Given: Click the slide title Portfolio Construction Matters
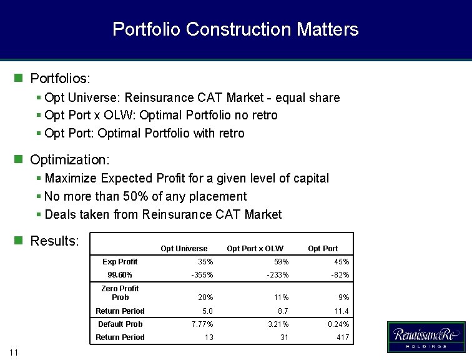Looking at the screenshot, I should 235,29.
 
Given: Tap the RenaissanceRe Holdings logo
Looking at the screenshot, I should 426,337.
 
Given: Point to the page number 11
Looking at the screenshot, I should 14,353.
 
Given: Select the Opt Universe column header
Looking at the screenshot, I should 184,249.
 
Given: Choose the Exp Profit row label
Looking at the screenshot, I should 120,262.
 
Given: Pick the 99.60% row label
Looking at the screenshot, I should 120,275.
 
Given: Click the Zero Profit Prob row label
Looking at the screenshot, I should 120,292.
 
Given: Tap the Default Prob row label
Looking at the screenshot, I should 120,324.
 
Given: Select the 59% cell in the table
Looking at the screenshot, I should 281,262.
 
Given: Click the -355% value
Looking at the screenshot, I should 202,275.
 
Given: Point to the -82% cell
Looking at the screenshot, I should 340,275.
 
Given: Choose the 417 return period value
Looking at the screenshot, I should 343,337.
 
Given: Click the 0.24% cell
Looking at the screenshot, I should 338,324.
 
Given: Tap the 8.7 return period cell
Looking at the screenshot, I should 283,311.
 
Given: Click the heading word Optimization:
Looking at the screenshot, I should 70,160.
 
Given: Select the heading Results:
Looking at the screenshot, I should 54,241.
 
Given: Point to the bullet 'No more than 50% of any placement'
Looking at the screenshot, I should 145,196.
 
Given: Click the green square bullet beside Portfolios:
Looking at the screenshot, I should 19,79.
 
